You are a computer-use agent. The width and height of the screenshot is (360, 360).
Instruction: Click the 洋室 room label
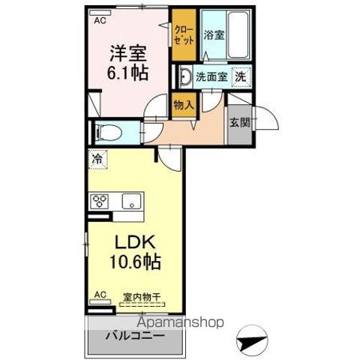(x=128, y=53)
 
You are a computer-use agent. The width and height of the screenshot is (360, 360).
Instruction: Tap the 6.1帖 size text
(x=127, y=73)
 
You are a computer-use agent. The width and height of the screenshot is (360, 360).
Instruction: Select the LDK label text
(x=135, y=242)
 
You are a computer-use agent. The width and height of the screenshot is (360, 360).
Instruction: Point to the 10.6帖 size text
(x=135, y=262)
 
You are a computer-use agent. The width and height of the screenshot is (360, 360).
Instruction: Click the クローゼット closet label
(x=184, y=35)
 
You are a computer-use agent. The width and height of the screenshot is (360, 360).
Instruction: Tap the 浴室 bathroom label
(x=214, y=35)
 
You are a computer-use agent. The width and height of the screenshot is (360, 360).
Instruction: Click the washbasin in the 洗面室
(x=185, y=76)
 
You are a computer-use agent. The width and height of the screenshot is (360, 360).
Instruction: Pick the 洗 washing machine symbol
(x=241, y=76)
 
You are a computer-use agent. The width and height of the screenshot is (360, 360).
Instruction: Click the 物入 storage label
(x=184, y=105)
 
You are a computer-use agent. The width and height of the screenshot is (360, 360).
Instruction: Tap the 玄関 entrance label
(x=240, y=122)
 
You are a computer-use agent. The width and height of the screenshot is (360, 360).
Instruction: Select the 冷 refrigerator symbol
(x=97, y=159)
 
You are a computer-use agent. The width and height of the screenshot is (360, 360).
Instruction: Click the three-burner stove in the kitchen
(x=99, y=201)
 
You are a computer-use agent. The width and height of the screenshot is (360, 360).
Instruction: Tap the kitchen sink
(x=131, y=201)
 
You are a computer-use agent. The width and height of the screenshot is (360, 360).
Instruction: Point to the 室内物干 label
(x=142, y=297)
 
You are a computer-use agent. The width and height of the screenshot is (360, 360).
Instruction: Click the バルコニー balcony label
(x=135, y=336)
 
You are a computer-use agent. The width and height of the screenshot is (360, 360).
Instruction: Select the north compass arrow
(x=252, y=341)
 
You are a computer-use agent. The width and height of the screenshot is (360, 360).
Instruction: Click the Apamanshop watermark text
(x=181, y=322)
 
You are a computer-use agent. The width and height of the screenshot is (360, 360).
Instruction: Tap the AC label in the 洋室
(x=100, y=21)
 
